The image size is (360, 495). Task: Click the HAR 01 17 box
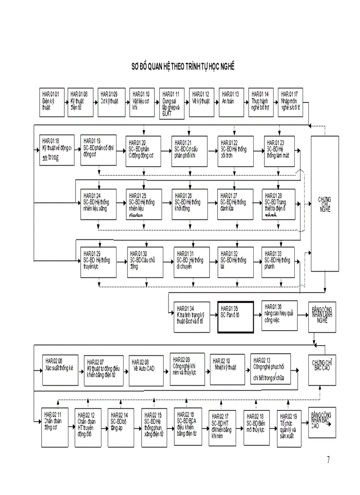[293, 102]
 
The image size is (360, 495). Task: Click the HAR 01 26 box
[190, 205]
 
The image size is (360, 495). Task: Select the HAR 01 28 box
[280, 205]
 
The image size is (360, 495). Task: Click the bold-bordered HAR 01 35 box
[235, 316]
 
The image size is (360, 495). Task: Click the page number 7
[328, 460]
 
